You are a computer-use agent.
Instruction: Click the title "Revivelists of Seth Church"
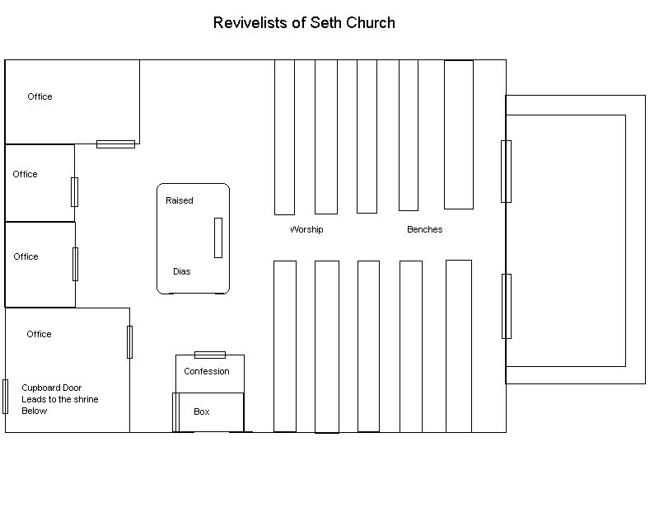pyautogui.click(x=304, y=23)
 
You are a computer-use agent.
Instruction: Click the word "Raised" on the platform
pyautogui.click(x=180, y=200)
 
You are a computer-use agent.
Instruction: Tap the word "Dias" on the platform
pyautogui.click(x=181, y=271)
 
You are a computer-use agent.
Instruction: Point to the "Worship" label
pyautogui.click(x=306, y=229)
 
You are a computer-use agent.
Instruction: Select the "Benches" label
pyautogui.click(x=424, y=229)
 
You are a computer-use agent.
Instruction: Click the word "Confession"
pyautogui.click(x=207, y=371)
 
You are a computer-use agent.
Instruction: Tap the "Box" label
pyautogui.click(x=202, y=411)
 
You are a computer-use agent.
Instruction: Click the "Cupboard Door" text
pyautogui.click(x=51, y=388)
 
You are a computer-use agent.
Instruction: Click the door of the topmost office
pyautogui.click(x=115, y=144)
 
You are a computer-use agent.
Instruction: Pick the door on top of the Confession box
pyautogui.click(x=210, y=355)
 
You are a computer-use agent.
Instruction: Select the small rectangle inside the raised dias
pyautogui.click(x=218, y=237)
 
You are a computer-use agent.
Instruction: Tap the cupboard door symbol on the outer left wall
pyautogui.click(x=6, y=397)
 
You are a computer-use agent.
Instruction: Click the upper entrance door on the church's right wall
pyautogui.click(x=506, y=172)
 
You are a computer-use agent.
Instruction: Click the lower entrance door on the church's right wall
pyautogui.click(x=506, y=306)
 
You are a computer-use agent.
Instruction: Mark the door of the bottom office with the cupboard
pyautogui.click(x=129, y=342)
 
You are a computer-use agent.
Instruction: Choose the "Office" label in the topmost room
pyautogui.click(x=40, y=96)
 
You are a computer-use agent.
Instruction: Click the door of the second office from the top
pyautogui.click(x=74, y=192)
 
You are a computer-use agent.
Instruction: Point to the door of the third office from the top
pyautogui.click(x=75, y=264)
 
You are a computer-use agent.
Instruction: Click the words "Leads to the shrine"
pyautogui.click(x=60, y=399)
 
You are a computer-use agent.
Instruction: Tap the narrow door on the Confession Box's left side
pyautogui.click(x=175, y=411)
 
